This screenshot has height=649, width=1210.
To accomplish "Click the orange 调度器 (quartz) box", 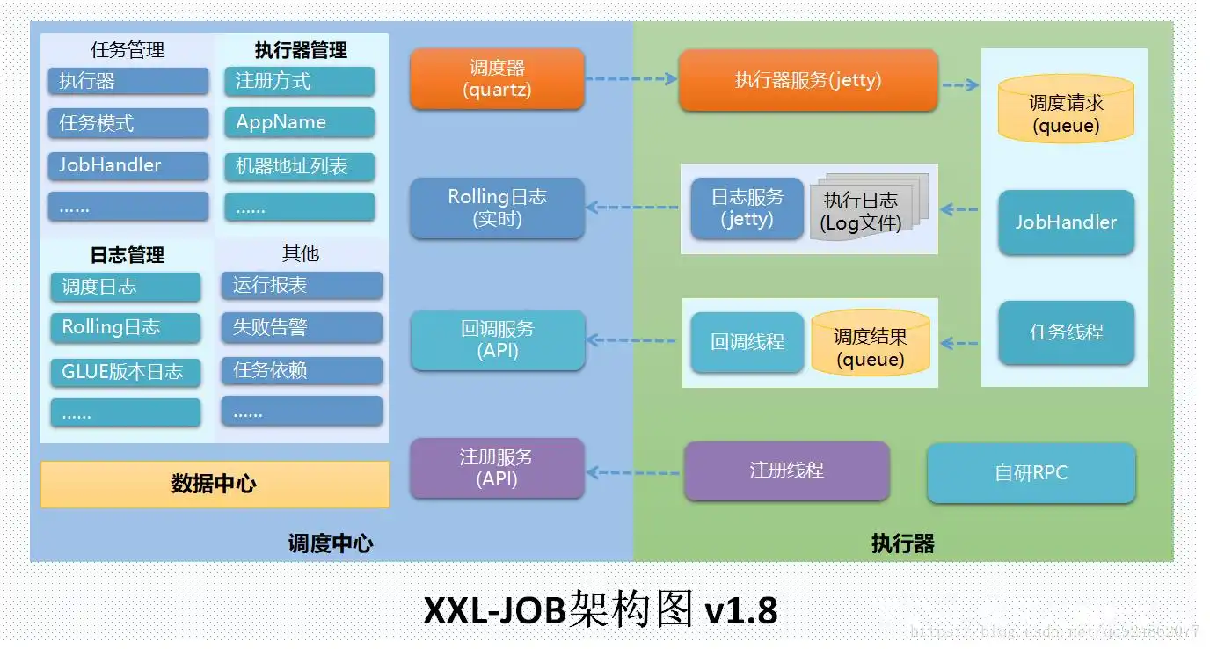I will (497, 78).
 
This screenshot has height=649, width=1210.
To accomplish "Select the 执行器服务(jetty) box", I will (807, 80).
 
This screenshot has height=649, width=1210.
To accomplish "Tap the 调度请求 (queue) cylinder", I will (1066, 113).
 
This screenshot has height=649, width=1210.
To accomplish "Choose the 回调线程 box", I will (747, 342).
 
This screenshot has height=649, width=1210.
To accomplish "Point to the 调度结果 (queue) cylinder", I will (870, 346).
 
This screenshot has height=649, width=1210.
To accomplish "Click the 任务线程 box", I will (1066, 332).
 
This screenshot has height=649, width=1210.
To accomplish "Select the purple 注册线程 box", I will (786, 470).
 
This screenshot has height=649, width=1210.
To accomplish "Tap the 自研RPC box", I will (1031, 472).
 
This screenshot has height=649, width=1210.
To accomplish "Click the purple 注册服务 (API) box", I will (497, 468).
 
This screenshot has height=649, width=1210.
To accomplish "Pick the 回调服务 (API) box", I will (497, 339).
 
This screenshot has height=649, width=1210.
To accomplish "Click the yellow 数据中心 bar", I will (215, 484).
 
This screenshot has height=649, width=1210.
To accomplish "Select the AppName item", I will (299, 122).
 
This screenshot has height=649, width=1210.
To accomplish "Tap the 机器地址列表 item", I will (299, 165).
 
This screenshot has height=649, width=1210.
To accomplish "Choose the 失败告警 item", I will (302, 327).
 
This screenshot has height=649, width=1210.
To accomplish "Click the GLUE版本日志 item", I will (125, 371).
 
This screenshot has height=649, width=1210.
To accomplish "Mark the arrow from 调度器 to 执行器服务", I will (631, 78).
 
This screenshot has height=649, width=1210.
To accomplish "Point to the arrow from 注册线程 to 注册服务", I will (633, 472).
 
